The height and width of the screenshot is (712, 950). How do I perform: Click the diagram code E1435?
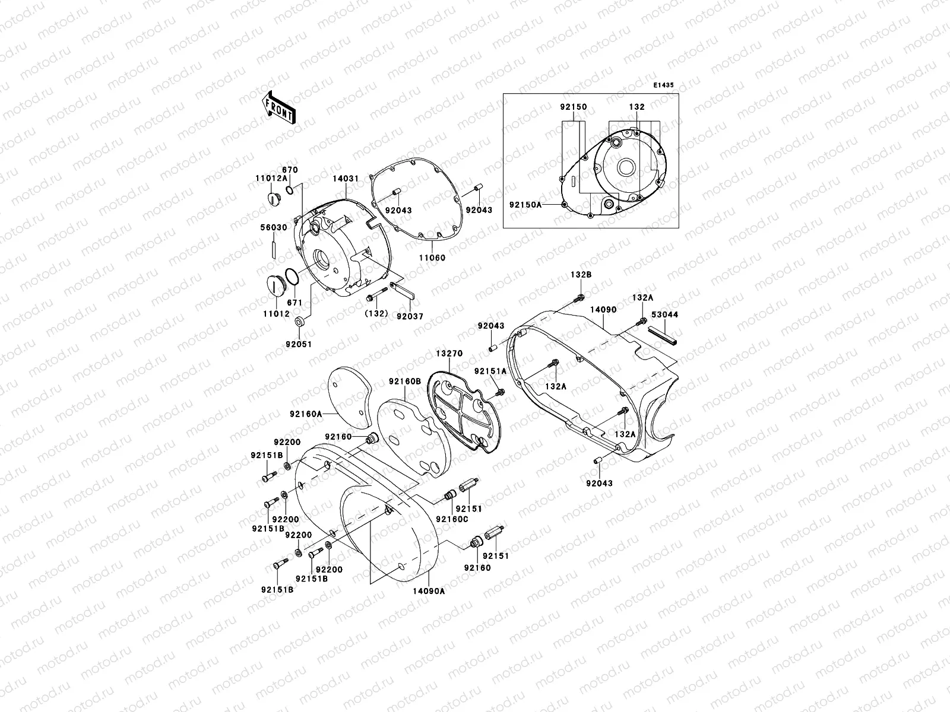point(664,85)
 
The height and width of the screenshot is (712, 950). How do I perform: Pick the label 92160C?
point(452,519)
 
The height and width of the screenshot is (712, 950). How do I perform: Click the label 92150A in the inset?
point(525,205)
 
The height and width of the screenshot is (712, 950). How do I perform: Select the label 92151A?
point(490,371)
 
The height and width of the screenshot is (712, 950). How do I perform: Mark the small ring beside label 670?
point(289,190)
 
